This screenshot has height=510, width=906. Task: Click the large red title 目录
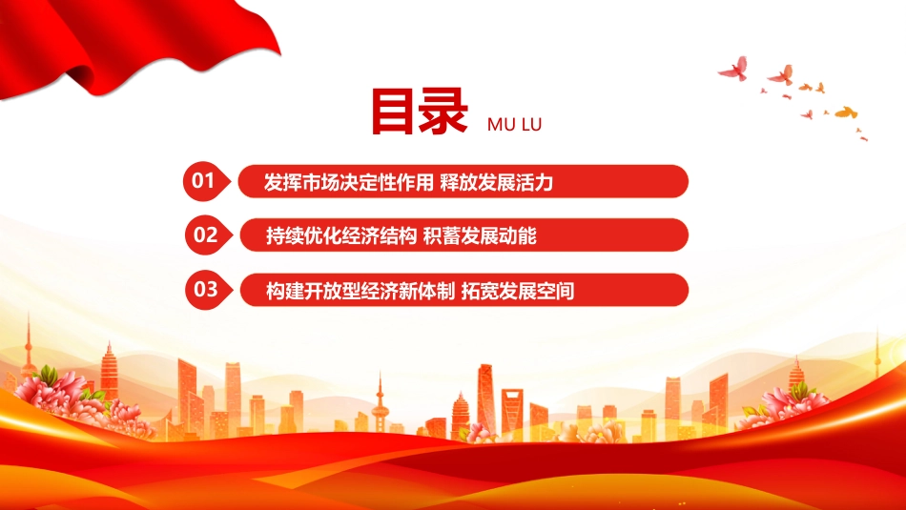[x=419, y=112]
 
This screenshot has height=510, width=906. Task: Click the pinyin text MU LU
[x=514, y=125]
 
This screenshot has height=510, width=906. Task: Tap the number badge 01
[x=206, y=181]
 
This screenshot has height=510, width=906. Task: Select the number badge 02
[x=208, y=235]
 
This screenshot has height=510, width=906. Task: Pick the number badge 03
[x=208, y=290]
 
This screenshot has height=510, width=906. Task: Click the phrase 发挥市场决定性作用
[x=348, y=182]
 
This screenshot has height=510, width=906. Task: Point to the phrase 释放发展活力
[x=496, y=182]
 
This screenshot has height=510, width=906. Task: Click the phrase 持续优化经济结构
[x=340, y=235]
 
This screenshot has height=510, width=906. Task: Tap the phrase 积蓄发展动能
[x=480, y=235]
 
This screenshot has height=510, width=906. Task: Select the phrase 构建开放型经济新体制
[x=360, y=291]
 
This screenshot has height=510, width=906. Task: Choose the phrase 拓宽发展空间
[x=518, y=291]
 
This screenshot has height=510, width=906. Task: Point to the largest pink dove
[x=734, y=69]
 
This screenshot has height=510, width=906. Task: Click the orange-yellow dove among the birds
[x=846, y=112]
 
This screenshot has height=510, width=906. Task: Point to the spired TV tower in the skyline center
[x=380, y=404]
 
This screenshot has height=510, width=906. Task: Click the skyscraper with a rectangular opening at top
[x=512, y=411]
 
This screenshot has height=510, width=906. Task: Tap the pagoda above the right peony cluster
[x=796, y=373]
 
